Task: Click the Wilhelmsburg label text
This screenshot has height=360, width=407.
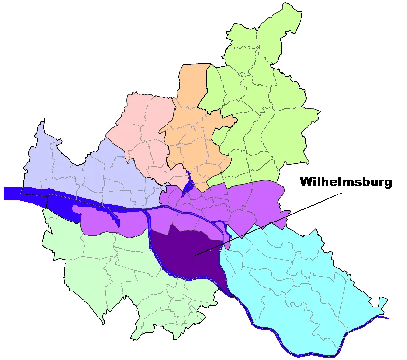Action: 346,182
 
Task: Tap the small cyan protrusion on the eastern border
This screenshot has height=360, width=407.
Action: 383,303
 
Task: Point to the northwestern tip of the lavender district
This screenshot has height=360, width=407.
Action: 43,121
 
